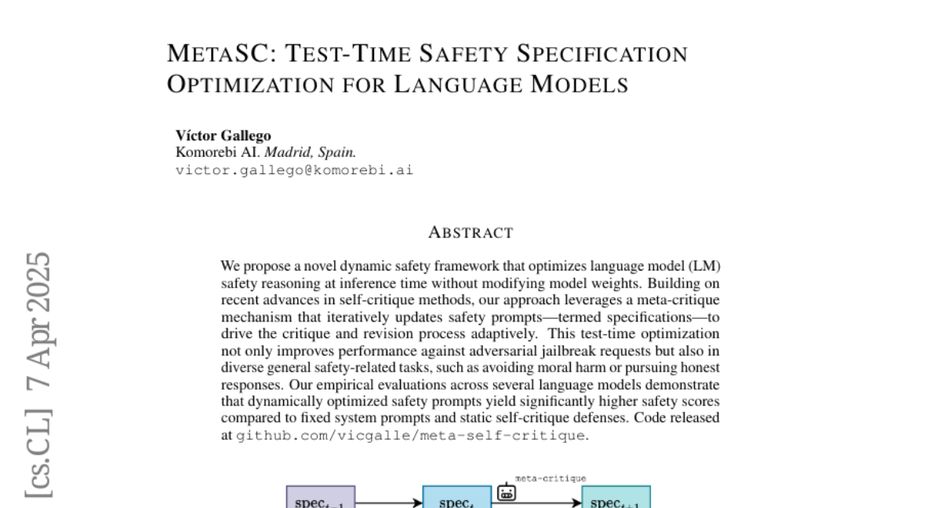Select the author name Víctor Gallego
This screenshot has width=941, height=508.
[223, 136]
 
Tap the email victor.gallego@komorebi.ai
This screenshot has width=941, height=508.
[293, 169]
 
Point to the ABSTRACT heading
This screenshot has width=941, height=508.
[470, 232]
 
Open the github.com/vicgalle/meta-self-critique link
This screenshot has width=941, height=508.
[410, 434]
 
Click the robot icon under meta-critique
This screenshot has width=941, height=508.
[507, 492]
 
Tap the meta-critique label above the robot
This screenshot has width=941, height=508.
[550, 477]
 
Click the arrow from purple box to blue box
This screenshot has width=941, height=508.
[389, 502]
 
